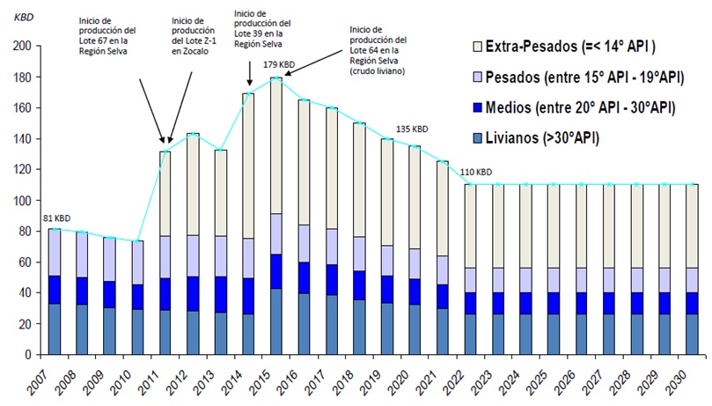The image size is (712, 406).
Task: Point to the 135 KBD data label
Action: [x=412, y=128]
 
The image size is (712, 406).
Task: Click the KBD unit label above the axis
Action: [x=34, y=16]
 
